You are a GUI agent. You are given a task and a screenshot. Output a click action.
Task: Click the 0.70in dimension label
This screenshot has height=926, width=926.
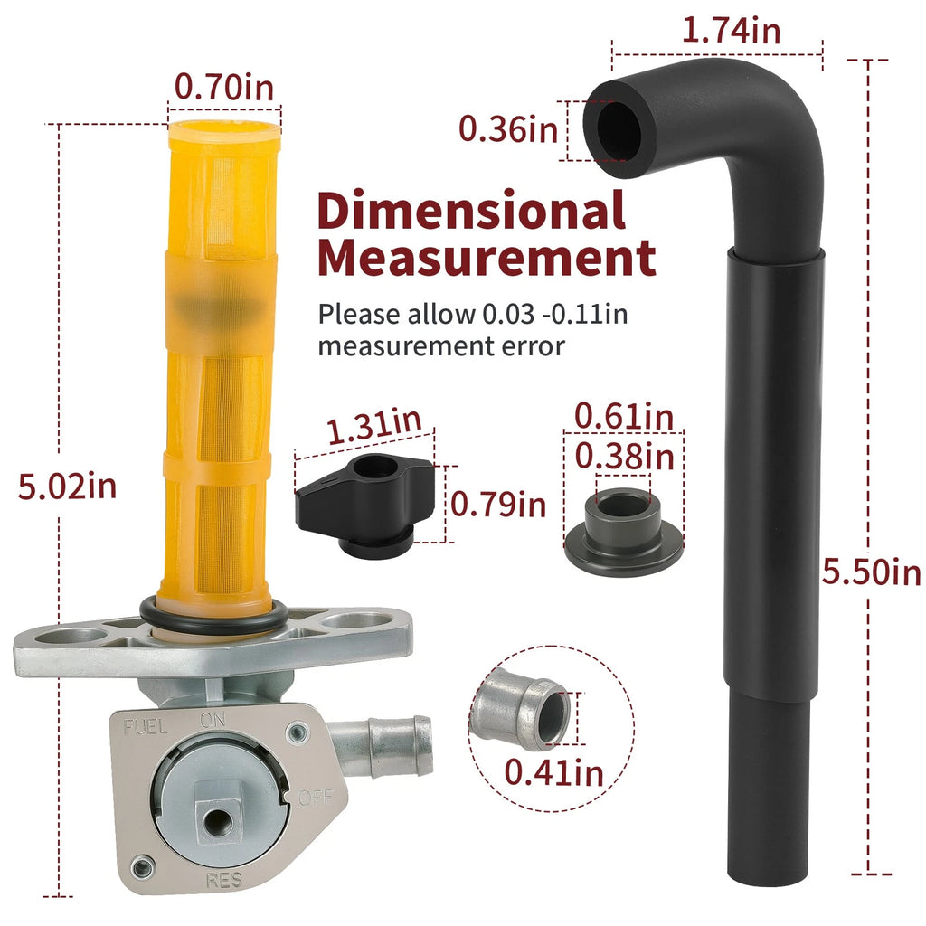pyautogui.click(x=224, y=88)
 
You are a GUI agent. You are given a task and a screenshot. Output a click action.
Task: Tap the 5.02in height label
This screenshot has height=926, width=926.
pyautogui.click(x=67, y=487)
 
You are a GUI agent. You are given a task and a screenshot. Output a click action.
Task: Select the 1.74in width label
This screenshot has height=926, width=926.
pyautogui.click(x=731, y=30)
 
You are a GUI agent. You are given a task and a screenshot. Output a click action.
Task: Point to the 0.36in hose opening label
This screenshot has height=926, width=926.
pyautogui.click(x=508, y=129)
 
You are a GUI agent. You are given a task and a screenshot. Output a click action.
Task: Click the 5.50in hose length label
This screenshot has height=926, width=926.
pyautogui.click(x=872, y=572)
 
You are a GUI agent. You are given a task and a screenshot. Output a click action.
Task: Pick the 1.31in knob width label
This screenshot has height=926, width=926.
pyautogui.click(x=373, y=425)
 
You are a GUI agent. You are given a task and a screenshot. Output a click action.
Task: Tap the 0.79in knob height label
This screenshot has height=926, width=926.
pyautogui.click(x=498, y=505)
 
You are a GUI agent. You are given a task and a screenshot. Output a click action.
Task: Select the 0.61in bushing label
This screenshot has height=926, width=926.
pyautogui.click(x=624, y=416)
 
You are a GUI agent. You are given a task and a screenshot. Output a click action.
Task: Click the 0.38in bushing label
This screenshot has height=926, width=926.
pyautogui.click(x=625, y=457)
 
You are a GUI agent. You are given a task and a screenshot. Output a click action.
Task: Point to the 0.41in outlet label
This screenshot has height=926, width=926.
pyautogui.click(x=554, y=772)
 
